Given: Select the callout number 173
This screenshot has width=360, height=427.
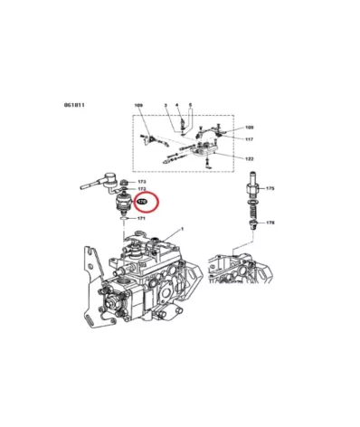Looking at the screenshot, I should point(142,183).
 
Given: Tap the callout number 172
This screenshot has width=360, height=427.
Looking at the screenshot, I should point(142,190).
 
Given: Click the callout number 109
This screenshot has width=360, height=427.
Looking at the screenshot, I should point(138,107).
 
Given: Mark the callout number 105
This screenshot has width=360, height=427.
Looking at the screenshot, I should point(250,128).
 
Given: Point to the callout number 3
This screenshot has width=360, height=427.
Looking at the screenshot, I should point(166,107).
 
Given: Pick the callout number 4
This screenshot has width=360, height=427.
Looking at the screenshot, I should point(178,107).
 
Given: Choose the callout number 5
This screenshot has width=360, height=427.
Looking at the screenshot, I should point(190,107).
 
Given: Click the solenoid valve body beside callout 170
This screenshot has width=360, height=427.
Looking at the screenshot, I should point(121,204).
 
